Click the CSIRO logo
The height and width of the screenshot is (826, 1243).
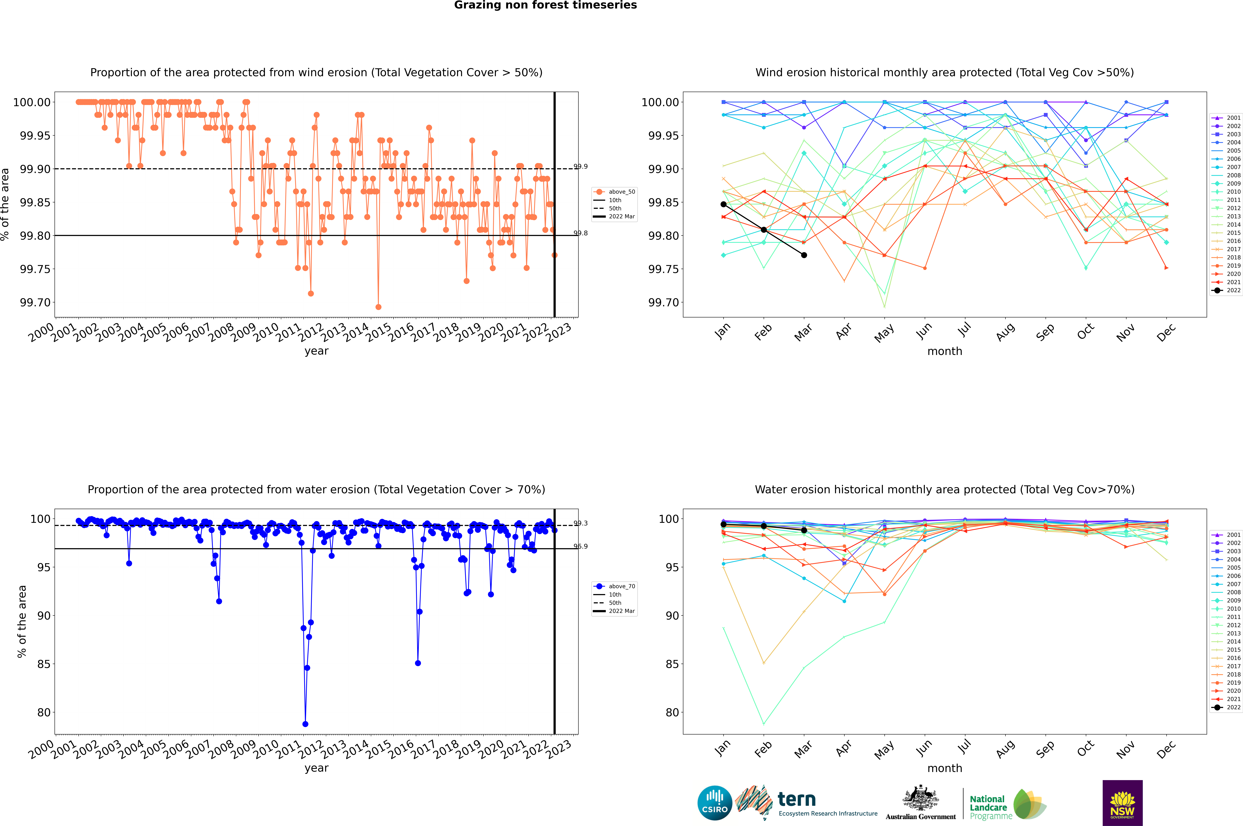click(x=714, y=803)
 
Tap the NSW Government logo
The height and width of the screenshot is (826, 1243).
click(x=1122, y=803)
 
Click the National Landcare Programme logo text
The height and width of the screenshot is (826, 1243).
click(x=991, y=807)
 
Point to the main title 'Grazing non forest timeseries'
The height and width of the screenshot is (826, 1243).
click(x=545, y=5)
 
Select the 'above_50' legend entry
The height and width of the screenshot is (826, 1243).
click(x=622, y=192)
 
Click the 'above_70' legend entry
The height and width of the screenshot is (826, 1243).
click(x=622, y=586)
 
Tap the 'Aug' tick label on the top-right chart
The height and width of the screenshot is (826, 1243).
click(x=1005, y=332)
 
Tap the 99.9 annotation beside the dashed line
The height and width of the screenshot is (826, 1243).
click(x=581, y=166)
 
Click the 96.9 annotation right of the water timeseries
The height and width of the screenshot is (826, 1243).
click(x=581, y=546)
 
